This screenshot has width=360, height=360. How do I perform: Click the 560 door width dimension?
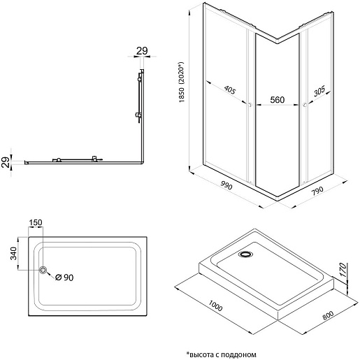coord(278,100)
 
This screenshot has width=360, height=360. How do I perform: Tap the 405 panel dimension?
coord(230,89)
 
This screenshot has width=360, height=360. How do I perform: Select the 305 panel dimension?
coord(319,91)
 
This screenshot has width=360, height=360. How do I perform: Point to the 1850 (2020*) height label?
coord(182,82)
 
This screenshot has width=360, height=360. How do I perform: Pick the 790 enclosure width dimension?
coord(317,191)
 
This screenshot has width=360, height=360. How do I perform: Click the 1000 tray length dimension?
coord(215,305)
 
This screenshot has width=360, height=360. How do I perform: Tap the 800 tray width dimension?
coord(328,315)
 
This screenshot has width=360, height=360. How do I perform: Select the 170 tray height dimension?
coord(343,270)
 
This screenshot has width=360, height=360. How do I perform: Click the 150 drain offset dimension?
coord(36,223)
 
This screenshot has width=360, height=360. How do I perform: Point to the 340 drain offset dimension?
coord(13,254)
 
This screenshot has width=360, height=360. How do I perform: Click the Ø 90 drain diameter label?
coord(64,278)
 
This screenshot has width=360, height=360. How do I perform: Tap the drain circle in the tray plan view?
coord(43,270)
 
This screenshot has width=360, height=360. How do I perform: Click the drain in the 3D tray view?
coord(245,254)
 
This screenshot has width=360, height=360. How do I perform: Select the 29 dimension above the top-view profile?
coord(142,51)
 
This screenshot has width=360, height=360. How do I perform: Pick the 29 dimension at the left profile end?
coord(6,162)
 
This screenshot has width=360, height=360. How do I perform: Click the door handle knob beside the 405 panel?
coord(250,104)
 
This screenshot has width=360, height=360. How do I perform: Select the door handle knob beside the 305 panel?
coord(304,105)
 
